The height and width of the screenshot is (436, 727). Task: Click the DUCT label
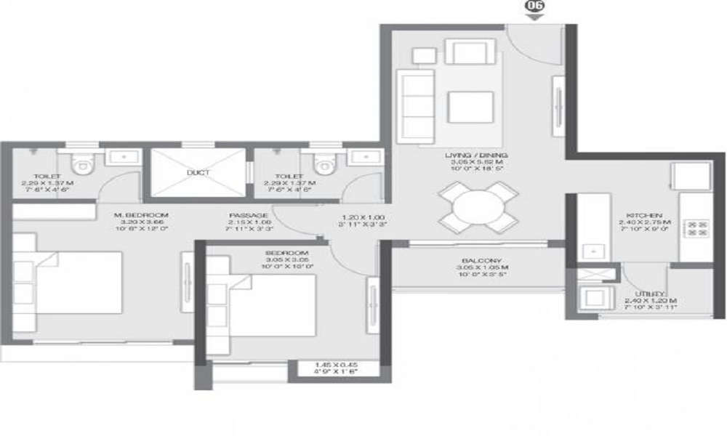click(x=198, y=173)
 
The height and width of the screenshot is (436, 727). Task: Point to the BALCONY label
click(x=478, y=261)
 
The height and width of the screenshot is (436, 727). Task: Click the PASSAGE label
click(x=249, y=216)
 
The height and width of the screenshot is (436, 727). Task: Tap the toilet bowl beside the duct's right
click(x=321, y=164)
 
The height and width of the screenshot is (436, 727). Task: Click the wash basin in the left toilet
click(x=119, y=156)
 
